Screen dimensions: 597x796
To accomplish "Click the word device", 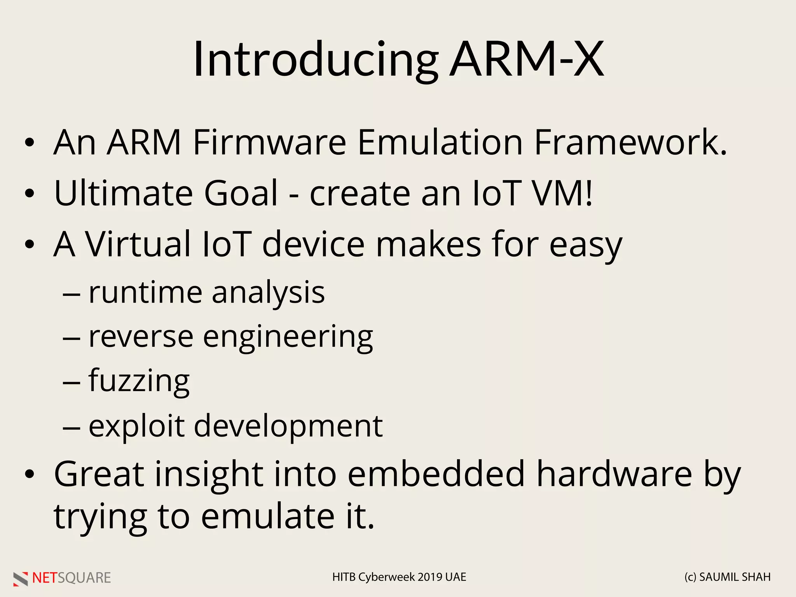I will (313, 244).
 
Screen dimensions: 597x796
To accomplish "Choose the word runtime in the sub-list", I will (145, 293).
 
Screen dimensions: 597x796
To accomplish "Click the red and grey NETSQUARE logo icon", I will (21, 578).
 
